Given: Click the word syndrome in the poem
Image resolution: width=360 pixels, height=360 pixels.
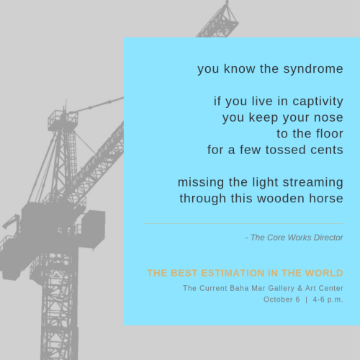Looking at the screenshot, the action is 313,70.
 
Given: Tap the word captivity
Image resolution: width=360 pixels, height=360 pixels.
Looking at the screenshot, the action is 318,102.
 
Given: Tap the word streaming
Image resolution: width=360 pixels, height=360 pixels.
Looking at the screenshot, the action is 313,183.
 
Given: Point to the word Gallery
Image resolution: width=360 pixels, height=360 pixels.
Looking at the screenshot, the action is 281,288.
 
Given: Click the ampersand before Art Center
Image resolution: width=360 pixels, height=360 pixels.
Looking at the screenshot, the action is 300,288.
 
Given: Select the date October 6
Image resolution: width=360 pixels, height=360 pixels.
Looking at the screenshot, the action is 282,300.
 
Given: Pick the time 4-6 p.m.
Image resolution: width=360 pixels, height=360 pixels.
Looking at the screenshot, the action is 328,300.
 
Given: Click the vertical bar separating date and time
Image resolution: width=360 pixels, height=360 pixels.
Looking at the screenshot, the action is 306,300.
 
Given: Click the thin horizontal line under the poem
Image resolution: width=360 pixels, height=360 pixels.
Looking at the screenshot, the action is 243,223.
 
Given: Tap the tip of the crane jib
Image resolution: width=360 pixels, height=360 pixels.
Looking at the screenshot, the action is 227,2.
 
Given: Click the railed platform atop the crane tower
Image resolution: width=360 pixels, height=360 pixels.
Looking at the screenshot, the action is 63,121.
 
